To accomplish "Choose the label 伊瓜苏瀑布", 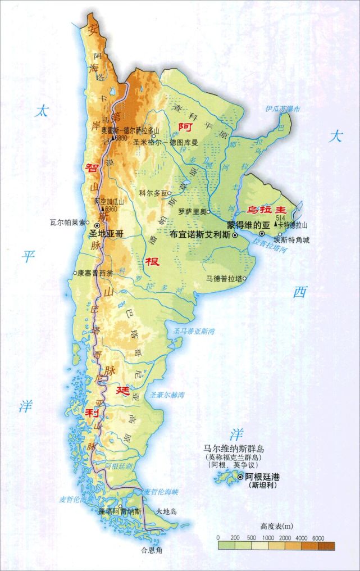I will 284,108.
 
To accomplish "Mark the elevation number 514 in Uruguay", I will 281,217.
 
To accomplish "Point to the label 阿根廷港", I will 262,477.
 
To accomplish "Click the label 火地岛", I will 167,511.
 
